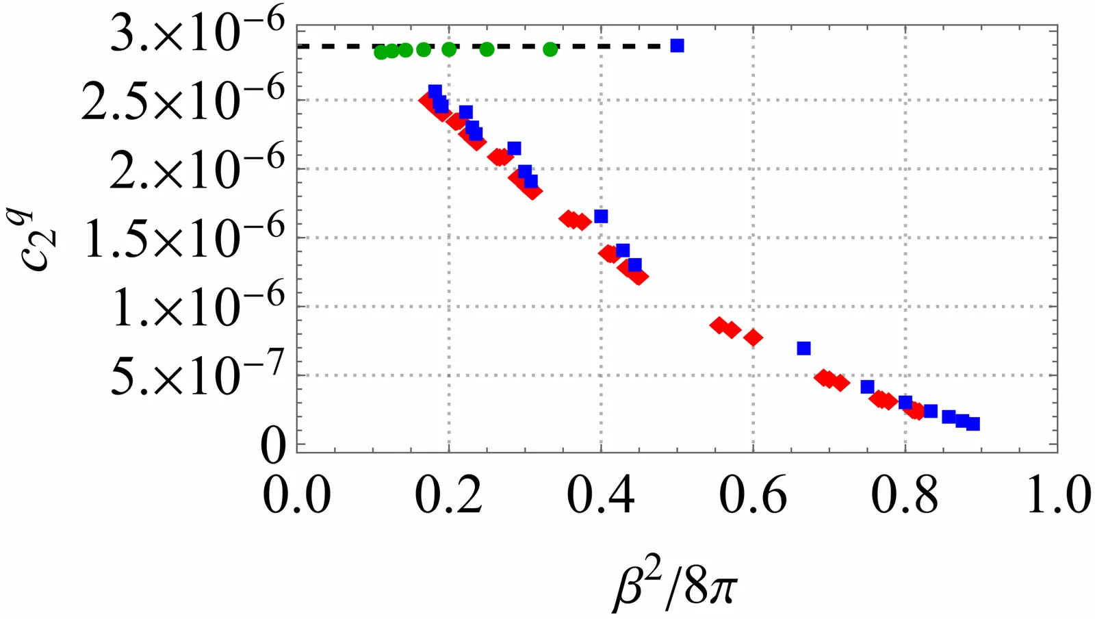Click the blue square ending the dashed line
677,46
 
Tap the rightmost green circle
550,49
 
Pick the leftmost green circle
381,52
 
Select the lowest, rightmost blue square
972,424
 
